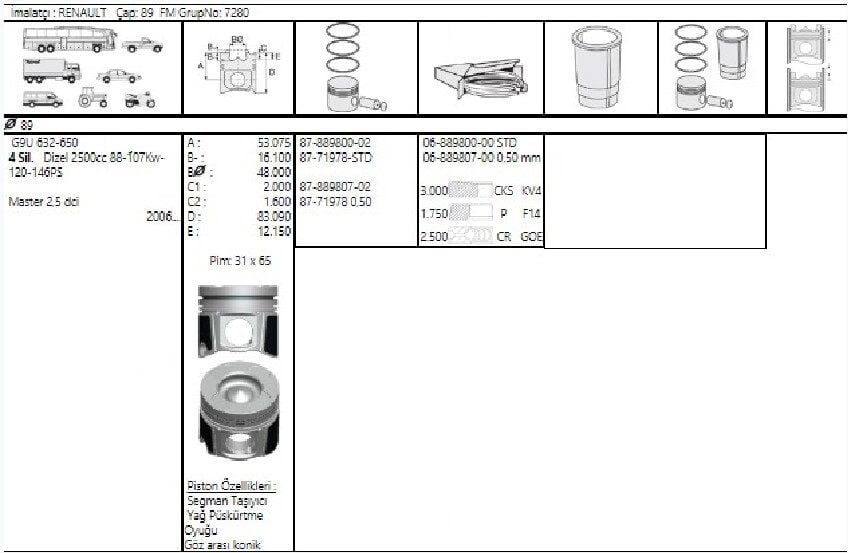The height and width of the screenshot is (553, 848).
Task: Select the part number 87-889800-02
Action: click(x=335, y=143)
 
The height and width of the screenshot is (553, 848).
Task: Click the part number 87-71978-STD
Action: click(x=335, y=157)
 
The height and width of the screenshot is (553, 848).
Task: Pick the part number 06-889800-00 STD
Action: click(x=470, y=143)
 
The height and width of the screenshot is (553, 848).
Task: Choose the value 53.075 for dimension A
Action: click(x=273, y=143)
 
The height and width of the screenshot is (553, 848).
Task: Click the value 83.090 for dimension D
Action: click(x=273, y=216)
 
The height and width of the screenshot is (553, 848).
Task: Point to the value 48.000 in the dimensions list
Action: click(x=273, y=172)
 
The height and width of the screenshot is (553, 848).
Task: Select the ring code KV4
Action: click(x=531, y=189)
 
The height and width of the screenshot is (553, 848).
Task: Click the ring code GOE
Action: click(x=531, y=237)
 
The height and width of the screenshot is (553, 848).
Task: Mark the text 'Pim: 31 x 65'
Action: click(x=239, y=261)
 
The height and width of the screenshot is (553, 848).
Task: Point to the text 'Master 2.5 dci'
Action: click(x=43, y=202)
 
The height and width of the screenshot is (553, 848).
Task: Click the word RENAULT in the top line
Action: click(x=80, y=12)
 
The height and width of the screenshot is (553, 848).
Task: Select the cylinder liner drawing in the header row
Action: click(x=599, y=67)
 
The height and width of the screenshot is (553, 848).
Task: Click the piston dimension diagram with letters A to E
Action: click(x=239, y=67)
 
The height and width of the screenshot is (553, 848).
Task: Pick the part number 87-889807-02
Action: click(x=335, y=187)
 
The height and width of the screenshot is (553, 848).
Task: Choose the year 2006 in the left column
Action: click(x=161, y=216)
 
